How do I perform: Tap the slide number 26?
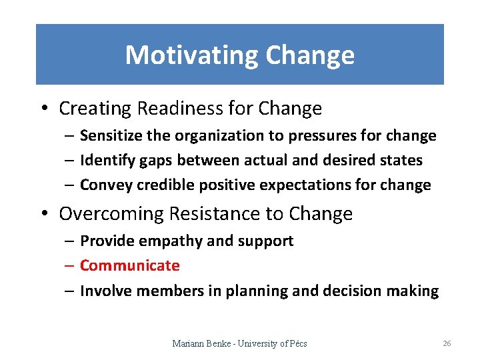pyautogui.click(x=447, y=343)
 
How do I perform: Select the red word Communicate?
pyautogui.click(x=130, y=265)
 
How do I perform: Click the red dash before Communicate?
pyautogui.click(x=70, y=266)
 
